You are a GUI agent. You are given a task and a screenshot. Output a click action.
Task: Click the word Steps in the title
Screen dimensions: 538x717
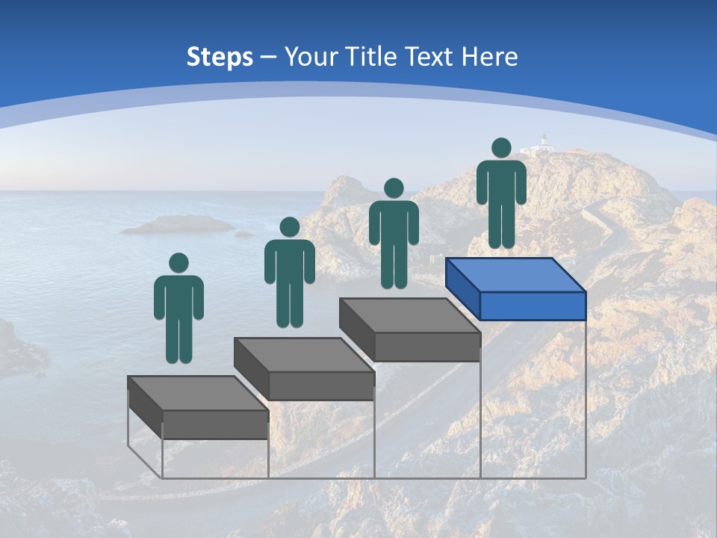pyautogui.click(x=220, y=58)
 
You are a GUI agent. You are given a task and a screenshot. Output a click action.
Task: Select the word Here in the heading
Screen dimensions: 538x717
pyautogui.click(x=489, y=57)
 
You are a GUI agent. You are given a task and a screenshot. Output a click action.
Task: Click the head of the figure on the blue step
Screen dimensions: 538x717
pyautogui.click(x=501, y=148)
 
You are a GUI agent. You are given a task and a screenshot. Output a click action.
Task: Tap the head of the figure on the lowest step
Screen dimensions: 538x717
pyautogui.click(x=179, y=263)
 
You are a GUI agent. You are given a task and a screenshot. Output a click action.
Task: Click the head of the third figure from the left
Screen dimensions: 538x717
pyautogui.click(x=394, y=188)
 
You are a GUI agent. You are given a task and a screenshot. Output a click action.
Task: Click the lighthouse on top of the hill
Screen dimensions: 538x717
pyautogui.click(x=544, y=142)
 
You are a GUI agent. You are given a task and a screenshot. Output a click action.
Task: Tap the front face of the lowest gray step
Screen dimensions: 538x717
pyautogui.click(x=215, y=424)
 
